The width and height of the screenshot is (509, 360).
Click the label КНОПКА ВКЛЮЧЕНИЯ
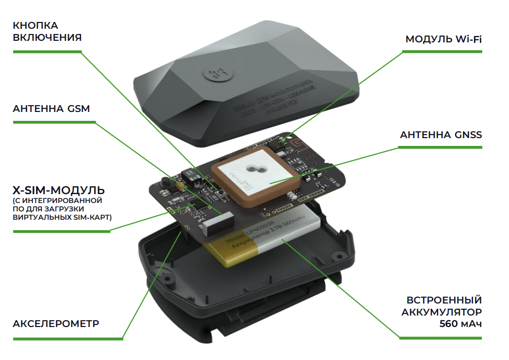coord(47,31)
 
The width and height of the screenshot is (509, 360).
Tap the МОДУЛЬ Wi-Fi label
coord(444,40)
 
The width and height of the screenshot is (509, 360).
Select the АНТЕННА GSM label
coord(51,109)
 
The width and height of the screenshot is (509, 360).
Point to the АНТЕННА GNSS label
coord(440,135)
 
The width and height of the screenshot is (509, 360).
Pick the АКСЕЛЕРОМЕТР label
coord(56,323)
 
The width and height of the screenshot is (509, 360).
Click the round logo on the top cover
coord(211,75)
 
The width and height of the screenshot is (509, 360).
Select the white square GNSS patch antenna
coord(255,172)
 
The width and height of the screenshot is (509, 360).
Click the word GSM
coord(78,109)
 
